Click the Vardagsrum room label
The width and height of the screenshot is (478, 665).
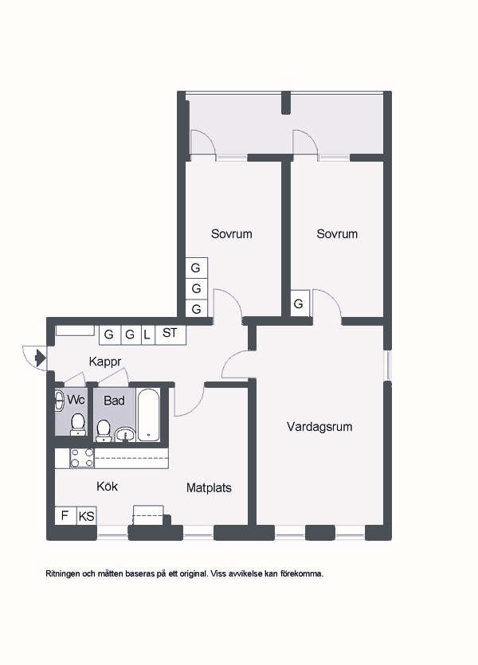[x=319, y=427]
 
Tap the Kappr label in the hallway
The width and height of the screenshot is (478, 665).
[x=105, y=362]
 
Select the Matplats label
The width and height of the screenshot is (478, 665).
[x=209, y=487]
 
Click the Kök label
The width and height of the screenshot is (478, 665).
[x=108, y=486]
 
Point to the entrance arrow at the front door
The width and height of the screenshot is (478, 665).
[x=41, y=358]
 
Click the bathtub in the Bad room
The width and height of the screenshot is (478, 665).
[x=149, y=414]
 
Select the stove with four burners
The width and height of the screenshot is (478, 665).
[x=82, y=459]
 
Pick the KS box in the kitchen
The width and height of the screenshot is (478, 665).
[x=87, y=516]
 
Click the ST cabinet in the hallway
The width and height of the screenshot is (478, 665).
[x=170, y=334]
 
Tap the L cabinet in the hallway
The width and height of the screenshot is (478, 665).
[x=147, y=334]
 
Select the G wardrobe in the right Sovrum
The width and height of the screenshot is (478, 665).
[x=300, y=303]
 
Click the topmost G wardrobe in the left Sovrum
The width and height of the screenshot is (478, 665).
[x=196, y=268]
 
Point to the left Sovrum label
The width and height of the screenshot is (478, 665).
[x=232, y=234]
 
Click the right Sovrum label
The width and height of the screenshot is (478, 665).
[x=337, y=234]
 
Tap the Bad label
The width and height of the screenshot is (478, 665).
[x=114, y=401]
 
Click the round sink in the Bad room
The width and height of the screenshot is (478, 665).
[x=125, y=434]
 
